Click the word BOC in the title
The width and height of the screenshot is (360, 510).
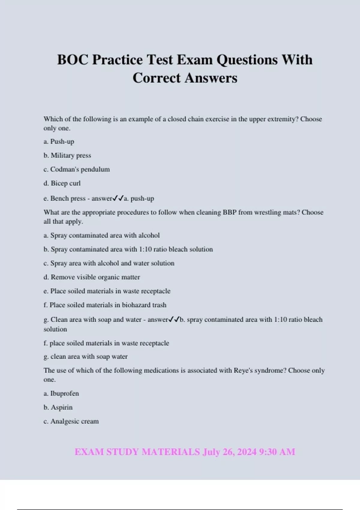pos(73,60)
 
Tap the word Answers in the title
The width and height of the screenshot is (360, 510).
pos(211,78)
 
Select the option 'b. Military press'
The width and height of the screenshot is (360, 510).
pos(67,155)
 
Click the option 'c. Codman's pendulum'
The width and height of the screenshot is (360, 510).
pos(76,169)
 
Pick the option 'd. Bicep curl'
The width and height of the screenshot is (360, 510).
pos(62,183)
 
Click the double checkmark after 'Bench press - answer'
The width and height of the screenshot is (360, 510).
pos(118,198)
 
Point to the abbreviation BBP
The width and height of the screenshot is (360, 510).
pos(230,212)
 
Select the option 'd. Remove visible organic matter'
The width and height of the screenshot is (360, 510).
pos(92,277)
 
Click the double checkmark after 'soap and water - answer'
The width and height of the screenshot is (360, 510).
pos(174,319)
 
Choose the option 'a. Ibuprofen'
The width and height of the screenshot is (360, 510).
pos(61,394)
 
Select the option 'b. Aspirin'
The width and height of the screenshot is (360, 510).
pos(58,407)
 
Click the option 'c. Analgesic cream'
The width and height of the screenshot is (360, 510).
pos(71,421)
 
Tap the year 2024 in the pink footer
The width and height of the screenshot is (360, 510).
pos(247,452)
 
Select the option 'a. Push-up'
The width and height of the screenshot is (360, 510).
pos(59,142)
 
